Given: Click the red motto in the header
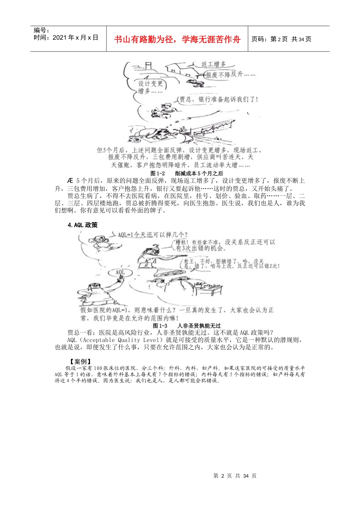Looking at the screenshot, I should [x=177, y=39].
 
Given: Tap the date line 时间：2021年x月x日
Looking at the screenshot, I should [x=66, y=37].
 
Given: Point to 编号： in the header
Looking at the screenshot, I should [x=42, y=30].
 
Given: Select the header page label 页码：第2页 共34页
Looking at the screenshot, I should [x=281, y=39].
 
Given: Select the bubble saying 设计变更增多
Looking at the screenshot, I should [x=150, y=87].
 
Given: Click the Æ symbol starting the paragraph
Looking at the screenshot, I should [x=70, y=181].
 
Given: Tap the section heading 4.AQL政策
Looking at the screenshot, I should [x=83, y=225].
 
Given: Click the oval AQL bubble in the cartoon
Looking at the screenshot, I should [x=120, y=272].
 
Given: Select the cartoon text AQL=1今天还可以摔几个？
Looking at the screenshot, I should [x=152, y=235].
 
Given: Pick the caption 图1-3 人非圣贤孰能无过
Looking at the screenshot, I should [x=186, y=326].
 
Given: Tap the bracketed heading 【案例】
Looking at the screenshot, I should [x=78, y=361].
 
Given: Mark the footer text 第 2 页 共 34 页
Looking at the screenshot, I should [x=235, y=476].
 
